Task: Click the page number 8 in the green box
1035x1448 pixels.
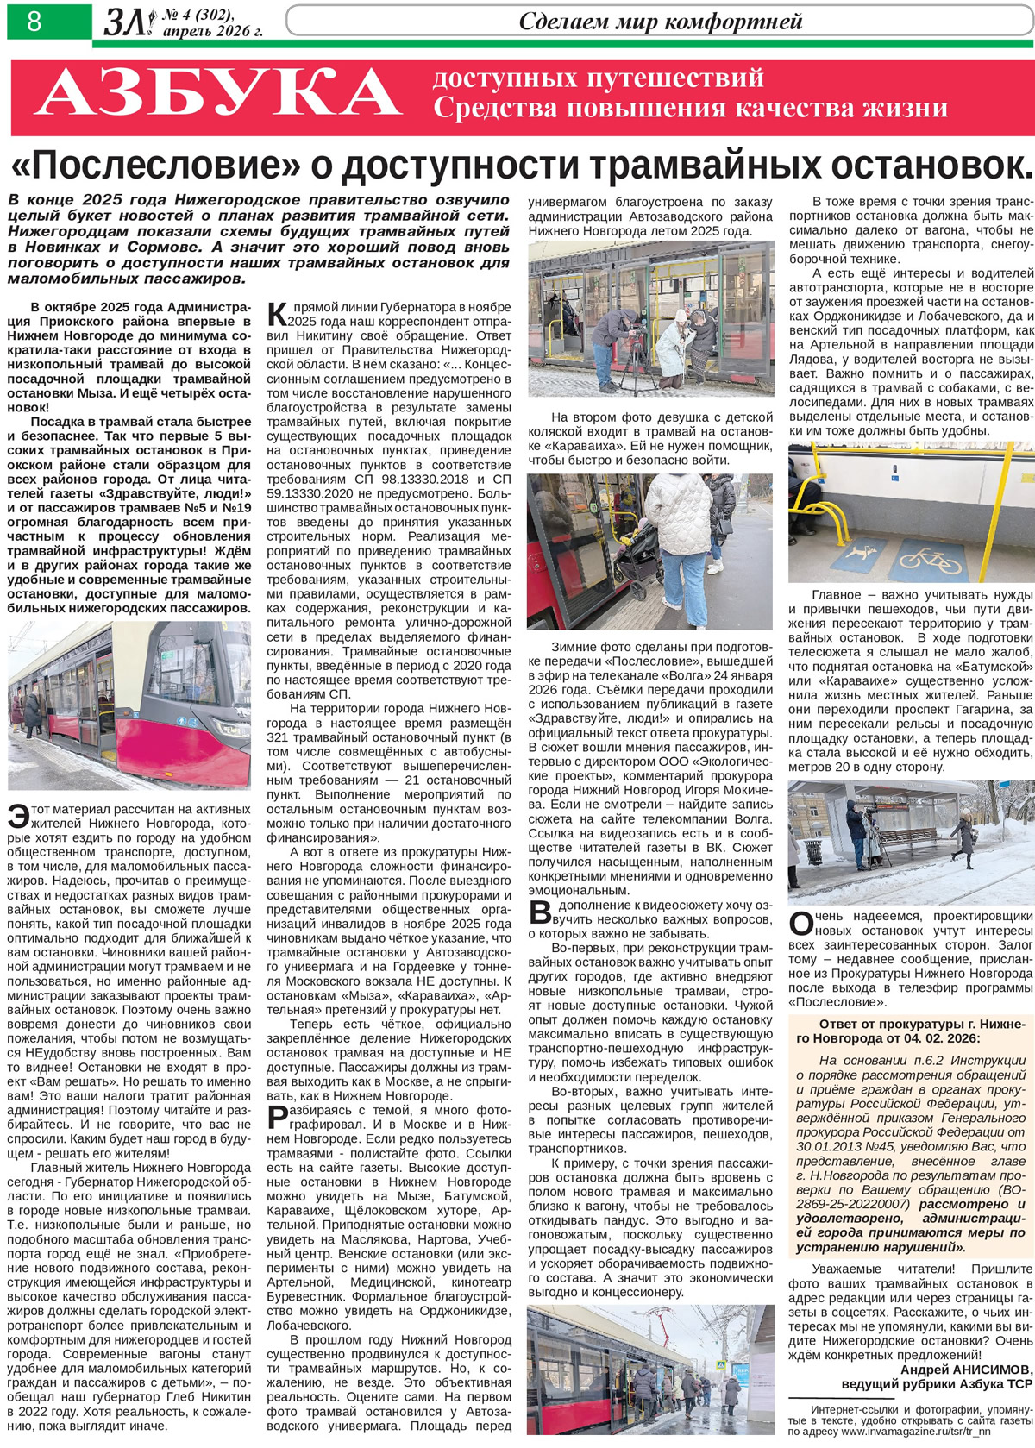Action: tap(34, 21)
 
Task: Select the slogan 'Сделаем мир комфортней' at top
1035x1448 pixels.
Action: tap(660, 21)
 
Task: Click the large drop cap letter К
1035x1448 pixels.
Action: tap(277, 314)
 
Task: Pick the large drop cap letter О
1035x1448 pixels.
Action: tap(800, 924)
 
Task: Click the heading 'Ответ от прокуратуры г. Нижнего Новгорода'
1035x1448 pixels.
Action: tap(910, 1031)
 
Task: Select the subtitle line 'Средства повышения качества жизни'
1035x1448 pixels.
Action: tap(690, 108)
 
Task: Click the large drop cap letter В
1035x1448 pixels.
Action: tap(539, 912)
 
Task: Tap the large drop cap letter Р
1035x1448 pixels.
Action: tap(277, 1119)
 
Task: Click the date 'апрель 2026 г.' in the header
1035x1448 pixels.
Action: tap(212, 31)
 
